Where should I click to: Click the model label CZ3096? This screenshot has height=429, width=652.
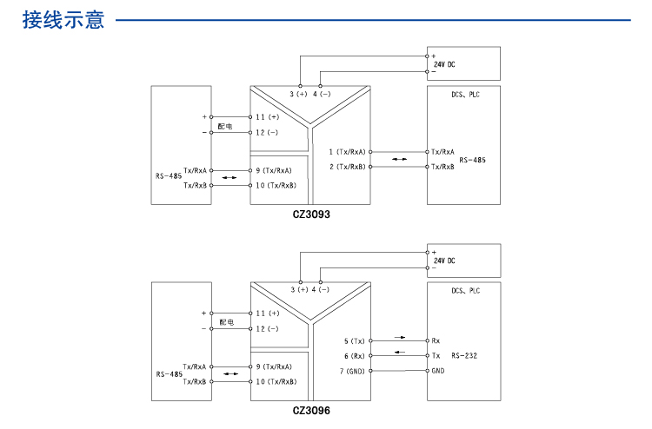311,411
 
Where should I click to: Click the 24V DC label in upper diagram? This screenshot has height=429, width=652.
444,65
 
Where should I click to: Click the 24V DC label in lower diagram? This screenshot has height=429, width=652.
444,261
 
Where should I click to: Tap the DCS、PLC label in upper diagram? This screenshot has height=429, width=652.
465,95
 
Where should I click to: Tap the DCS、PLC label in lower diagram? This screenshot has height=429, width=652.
465,291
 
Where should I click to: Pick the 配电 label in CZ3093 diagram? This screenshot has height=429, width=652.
225,126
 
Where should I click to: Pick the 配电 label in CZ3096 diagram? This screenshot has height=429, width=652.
225,322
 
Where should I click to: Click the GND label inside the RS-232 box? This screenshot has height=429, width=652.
438,371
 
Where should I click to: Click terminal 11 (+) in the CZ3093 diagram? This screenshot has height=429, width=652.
267,116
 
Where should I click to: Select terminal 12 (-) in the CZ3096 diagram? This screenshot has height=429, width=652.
267,329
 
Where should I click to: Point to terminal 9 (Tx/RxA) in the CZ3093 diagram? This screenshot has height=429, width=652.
274,171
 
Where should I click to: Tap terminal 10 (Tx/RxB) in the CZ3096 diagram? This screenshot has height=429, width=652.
276,381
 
